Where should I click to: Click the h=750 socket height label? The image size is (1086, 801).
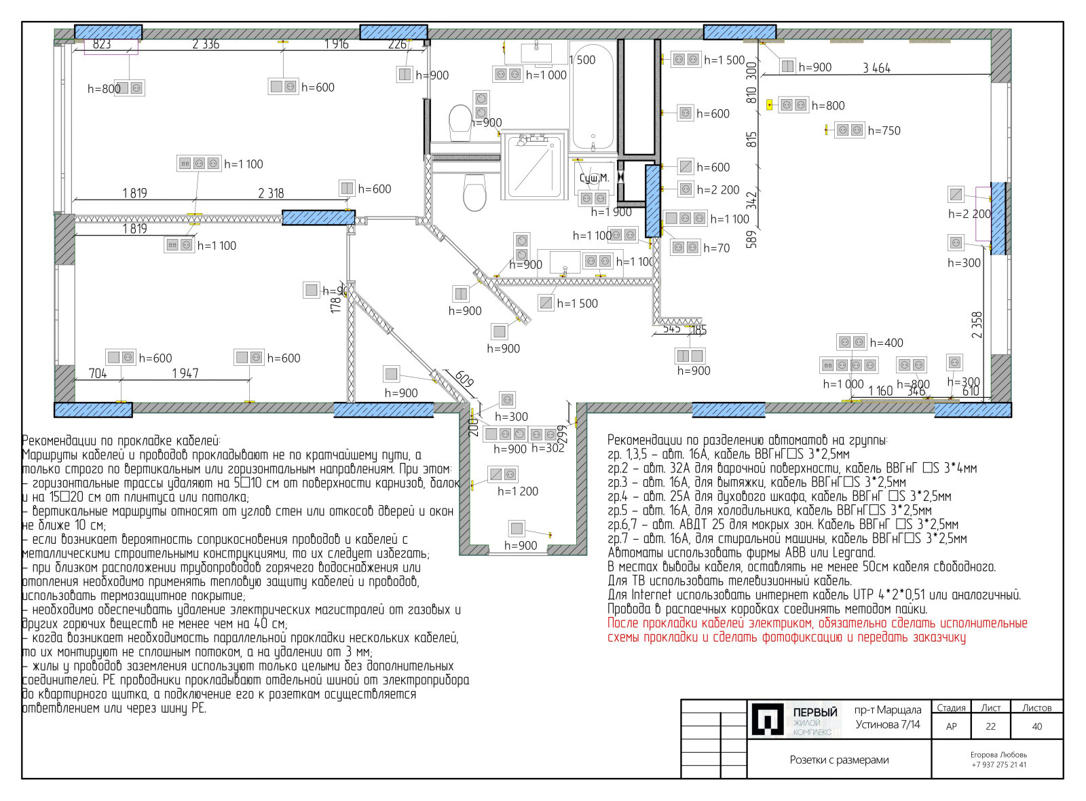point(884,130)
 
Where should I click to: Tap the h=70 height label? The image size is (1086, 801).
point(716,248)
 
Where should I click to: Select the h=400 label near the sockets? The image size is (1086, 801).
point(886,343)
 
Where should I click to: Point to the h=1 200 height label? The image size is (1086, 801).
point(517,491)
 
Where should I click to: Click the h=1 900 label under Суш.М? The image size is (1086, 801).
point(611,212)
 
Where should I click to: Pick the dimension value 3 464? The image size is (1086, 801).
point(876,68)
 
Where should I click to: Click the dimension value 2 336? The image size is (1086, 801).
point(206,44)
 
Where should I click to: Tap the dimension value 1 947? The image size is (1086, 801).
point(185,373)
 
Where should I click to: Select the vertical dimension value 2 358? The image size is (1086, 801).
point(977,325)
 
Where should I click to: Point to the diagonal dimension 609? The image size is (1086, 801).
point(464,379)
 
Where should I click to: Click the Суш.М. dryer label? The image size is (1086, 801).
point(594,178)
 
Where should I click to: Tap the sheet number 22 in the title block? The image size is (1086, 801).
point(990,726)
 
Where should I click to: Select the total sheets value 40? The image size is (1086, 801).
point(1036,726)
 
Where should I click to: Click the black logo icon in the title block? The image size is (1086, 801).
point(768,720)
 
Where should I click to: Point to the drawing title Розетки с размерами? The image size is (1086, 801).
point(839,760)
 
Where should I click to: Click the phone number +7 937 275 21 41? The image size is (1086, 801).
point(998,765)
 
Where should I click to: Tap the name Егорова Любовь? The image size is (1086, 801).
point(998,755)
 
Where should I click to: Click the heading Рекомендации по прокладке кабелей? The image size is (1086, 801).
point(121,441)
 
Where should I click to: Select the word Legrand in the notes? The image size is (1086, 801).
point(854,553)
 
